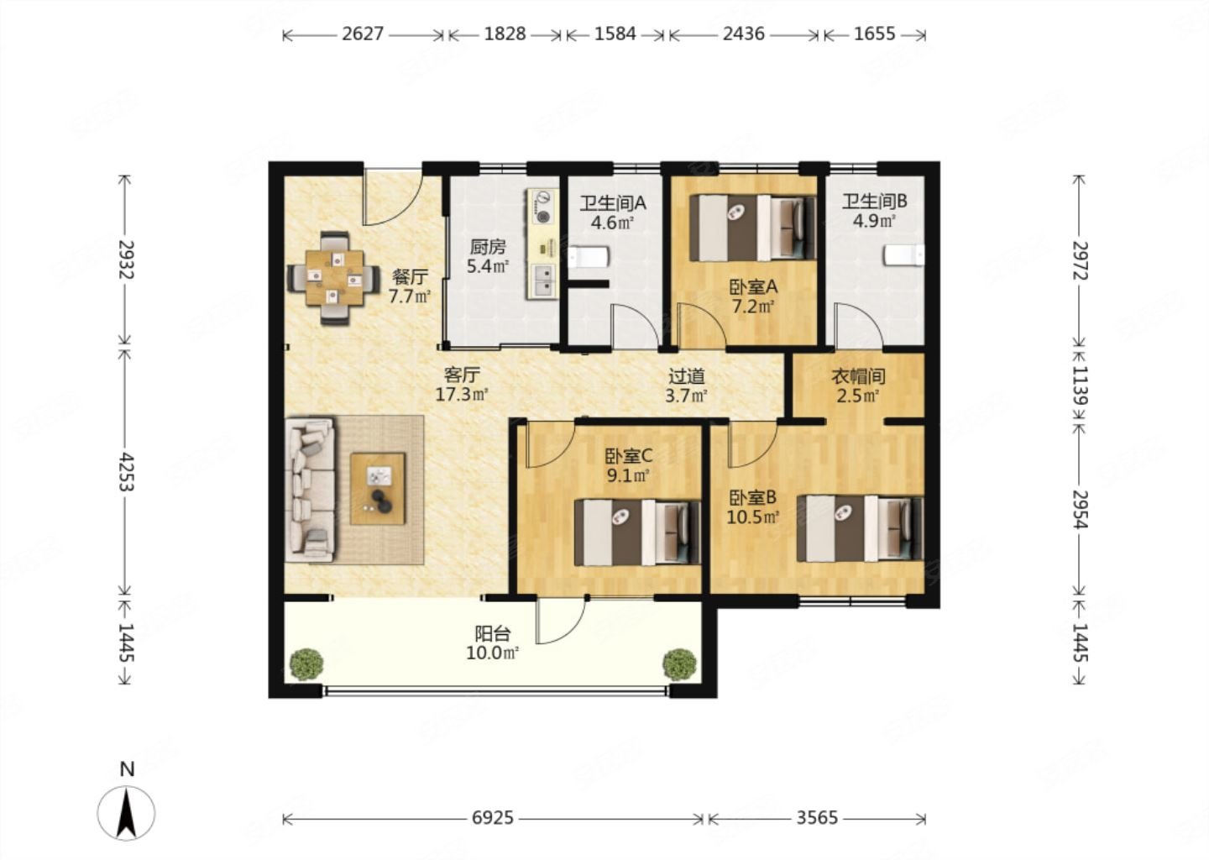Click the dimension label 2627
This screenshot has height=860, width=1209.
[x=363, y=34]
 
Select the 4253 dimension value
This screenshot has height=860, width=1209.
[x=126, y=472]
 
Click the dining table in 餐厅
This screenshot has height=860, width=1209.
[x=334, y=278]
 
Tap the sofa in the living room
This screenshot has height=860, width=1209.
[x=310, y=489]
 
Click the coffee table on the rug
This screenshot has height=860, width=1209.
[x=377, y=489]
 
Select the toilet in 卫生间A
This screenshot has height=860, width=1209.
[x=589, y=257]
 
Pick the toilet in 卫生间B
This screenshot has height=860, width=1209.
[x=904, y=254]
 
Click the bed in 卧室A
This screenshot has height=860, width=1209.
[x=753, y=228]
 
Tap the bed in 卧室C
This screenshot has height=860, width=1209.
[x=637, y=532]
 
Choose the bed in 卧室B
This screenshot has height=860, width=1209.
[x=861, y=529]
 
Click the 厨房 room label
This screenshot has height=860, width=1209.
[x=487, y=247]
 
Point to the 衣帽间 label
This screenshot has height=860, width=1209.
[x=858, y=376]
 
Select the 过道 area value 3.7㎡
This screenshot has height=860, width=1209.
[x=686, y=396]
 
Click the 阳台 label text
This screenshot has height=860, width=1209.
[x=492, y=633]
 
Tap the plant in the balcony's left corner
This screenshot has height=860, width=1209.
[x=306, y=663]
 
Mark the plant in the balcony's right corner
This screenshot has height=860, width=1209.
[x=680, y=663]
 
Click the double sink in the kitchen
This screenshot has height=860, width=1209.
[x=543, y=281]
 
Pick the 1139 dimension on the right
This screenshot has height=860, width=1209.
[x=1080, y=385]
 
